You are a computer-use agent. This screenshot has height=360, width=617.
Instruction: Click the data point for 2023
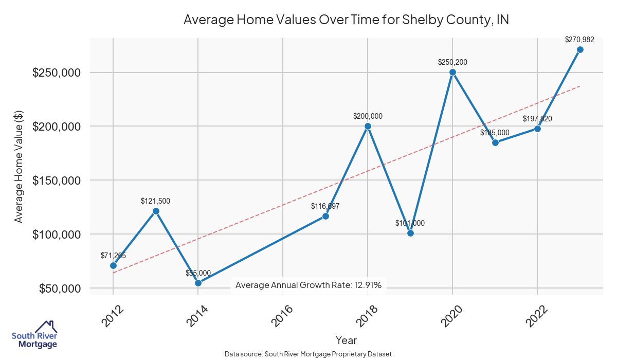(x=580, y=49)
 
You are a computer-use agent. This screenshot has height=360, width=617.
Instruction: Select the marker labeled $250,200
(x=452, y=72)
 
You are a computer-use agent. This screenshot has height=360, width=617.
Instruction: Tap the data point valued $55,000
(x=198, y=283)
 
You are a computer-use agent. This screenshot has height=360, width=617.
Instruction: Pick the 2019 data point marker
(x=410, y=233)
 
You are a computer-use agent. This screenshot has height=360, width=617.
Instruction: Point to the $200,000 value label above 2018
(x=368, y=116)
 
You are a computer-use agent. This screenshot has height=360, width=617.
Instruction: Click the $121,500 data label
(x=155, y=201)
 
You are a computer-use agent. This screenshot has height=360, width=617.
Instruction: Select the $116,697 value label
(x=325, y=206)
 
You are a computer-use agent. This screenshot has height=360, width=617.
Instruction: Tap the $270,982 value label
(x=579, y=39)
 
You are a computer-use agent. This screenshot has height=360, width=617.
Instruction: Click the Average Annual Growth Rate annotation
(x=308, y=285)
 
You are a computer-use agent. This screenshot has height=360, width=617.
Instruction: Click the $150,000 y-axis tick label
(x=57, y=181)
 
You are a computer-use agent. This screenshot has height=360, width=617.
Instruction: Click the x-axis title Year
(x=346, y=340)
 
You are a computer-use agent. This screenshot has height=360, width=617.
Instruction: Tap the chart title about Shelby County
(x=346, y=20)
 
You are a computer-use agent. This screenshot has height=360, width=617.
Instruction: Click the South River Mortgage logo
(x=34, y=335)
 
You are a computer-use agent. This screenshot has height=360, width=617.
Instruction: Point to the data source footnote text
(x=308, y=354)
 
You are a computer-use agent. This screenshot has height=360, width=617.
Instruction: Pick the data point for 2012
(x=113, y=265)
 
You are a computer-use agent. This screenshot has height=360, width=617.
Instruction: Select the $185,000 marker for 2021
(x=495, y=142)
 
